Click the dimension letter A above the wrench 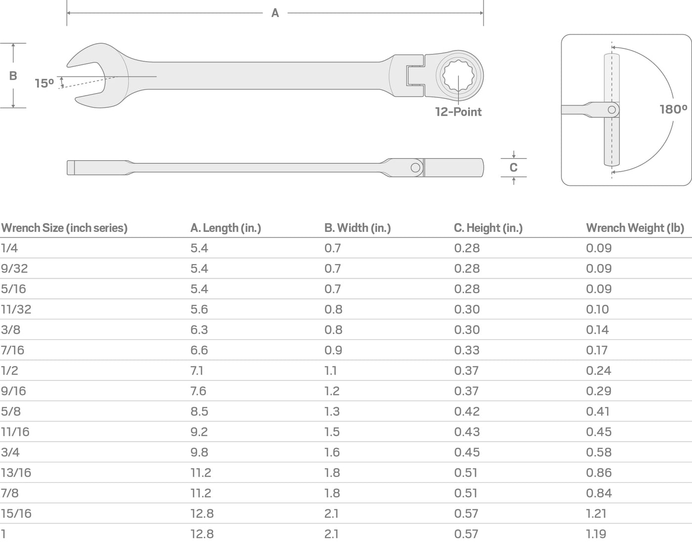[x=275, y=13]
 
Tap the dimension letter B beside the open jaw [x=13, y=76]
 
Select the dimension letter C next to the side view [x=514, y=168]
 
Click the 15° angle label [x=44, y=84]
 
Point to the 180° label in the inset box [x=673, y=110]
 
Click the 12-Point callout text [x=458, y=112]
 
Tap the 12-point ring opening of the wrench [x=459, y=76]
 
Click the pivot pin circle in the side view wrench [x=415, y=168]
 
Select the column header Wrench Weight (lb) [x=635, y=228]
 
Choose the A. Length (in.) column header [x=226, y=228]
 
